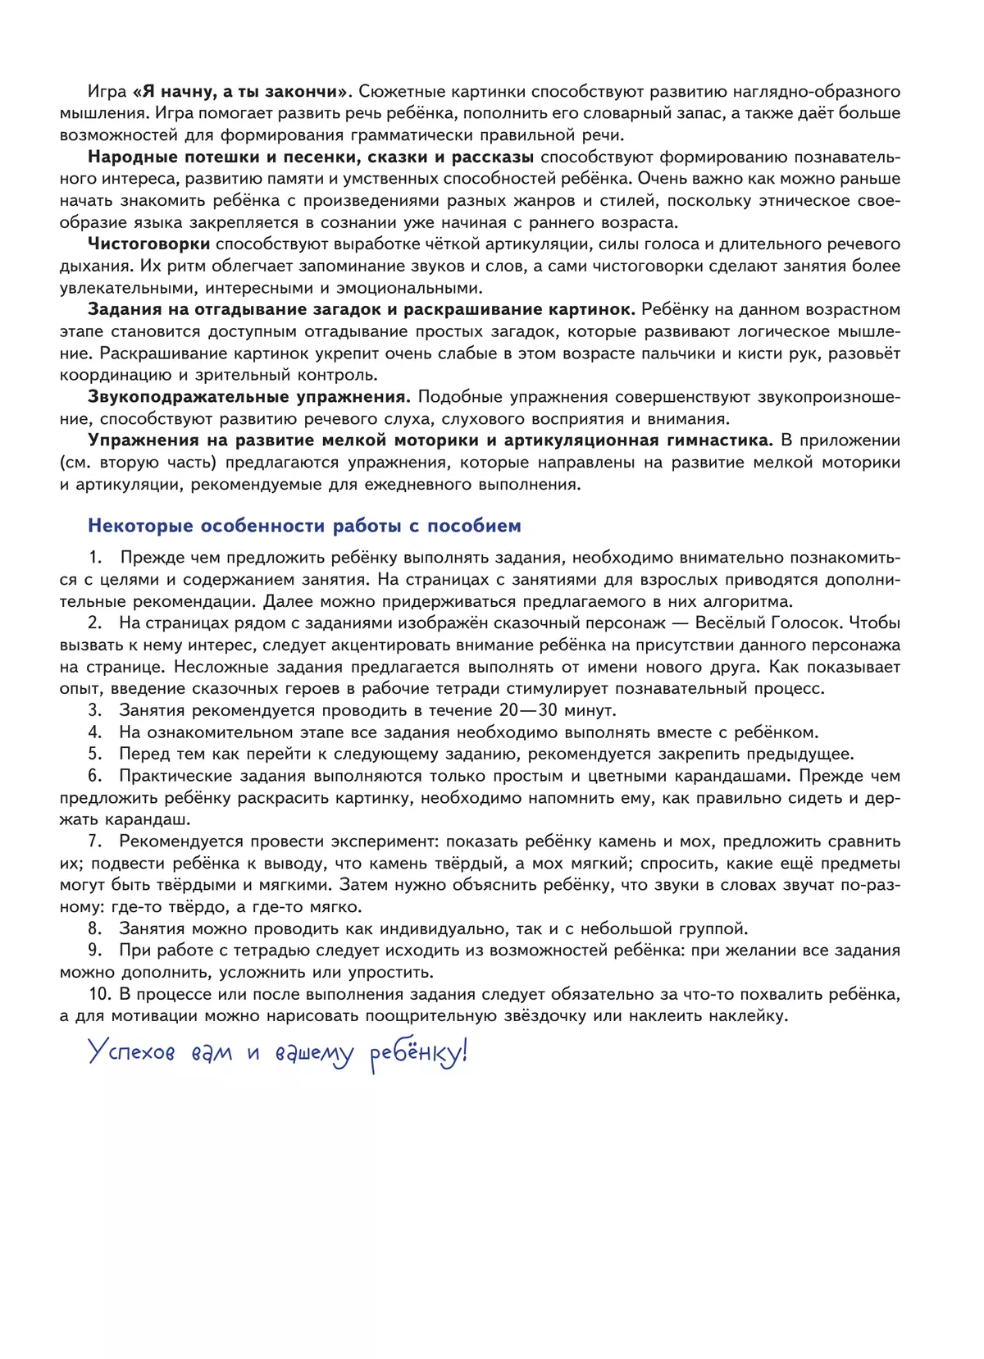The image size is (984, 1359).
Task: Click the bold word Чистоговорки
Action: [x=148, y=244]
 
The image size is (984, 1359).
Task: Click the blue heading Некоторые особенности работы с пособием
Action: [x=304, y=526]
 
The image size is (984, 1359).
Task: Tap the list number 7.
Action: [x=95, y=841]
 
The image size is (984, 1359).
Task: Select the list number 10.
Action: [x=99, y=994]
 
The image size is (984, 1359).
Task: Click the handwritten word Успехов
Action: [x=131, y=1052]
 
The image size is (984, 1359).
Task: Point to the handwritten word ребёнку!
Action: [x=418, y=1054]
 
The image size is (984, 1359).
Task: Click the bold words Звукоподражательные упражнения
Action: [x=248, y=397]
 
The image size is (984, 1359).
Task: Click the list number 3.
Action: [x=95, y=710]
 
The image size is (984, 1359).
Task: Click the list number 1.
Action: [x=95, y=558]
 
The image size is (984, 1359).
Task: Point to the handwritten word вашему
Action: [x=314, y=1054]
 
